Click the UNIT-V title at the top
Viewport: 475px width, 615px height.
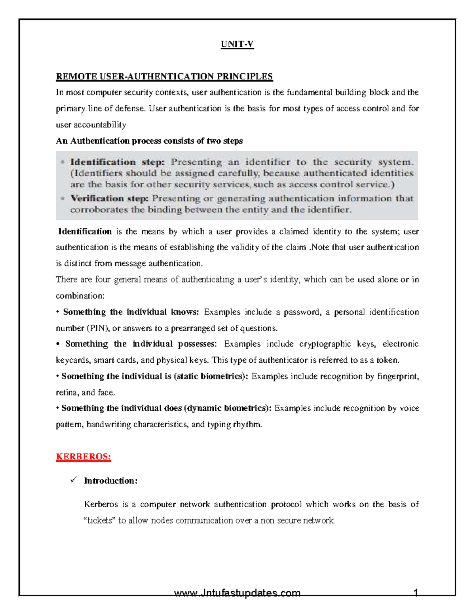[x=237, y=44]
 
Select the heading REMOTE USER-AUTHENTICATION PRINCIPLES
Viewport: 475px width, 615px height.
[x=164, y=76]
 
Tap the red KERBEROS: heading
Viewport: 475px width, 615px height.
[x=84, y=457]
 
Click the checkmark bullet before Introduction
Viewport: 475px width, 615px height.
[x=73, y=480]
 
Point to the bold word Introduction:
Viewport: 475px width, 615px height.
[x=110, y=481]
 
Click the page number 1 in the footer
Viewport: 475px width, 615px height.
[x=416, y=593]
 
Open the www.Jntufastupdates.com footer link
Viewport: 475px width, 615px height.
[x=237, y=593]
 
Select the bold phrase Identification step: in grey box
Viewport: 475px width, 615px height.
[x=117, y=162]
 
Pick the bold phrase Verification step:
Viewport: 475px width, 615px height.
[x=110, y=198]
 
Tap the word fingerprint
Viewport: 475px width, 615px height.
[x=397, y=376]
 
